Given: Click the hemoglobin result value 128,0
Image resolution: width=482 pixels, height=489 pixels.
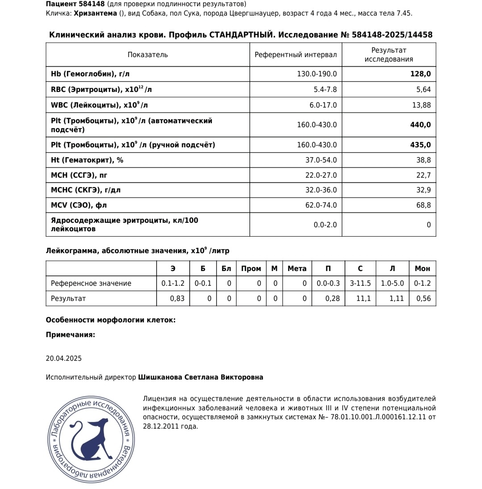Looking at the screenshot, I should click(420, 74).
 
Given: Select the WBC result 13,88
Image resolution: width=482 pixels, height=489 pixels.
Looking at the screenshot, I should click(422, 105).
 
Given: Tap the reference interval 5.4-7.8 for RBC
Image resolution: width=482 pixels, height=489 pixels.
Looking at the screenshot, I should click(325, 90).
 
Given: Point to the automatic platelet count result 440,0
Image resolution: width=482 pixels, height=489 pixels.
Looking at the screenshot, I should click(420, 125).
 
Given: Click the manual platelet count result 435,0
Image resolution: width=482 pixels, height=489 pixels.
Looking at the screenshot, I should click(420, 145).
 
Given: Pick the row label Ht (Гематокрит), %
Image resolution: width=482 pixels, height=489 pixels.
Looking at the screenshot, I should click(87, 160).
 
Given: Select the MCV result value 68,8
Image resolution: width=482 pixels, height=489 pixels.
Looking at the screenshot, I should click(424, 205).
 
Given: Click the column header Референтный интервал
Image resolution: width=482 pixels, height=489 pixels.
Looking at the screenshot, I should click(295, 55).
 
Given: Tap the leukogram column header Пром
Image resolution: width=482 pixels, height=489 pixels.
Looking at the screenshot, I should click(251, 269).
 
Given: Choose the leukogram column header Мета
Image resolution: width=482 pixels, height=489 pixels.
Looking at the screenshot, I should click(297, 269).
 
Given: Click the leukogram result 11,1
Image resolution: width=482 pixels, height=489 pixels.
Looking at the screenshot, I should click(363, 299).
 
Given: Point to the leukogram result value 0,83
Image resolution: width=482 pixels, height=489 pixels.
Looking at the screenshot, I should click(177, 299).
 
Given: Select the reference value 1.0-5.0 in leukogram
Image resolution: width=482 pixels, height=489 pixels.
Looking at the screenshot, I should click(392, 284).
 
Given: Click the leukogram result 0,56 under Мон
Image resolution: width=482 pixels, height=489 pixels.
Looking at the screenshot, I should click(423, 299).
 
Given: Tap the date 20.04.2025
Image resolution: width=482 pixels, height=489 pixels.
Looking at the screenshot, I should click(64, 359).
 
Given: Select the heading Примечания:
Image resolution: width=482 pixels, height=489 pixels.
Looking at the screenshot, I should click(70, 335).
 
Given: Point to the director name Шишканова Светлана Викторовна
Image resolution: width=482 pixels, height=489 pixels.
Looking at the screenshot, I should click(200, 377).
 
